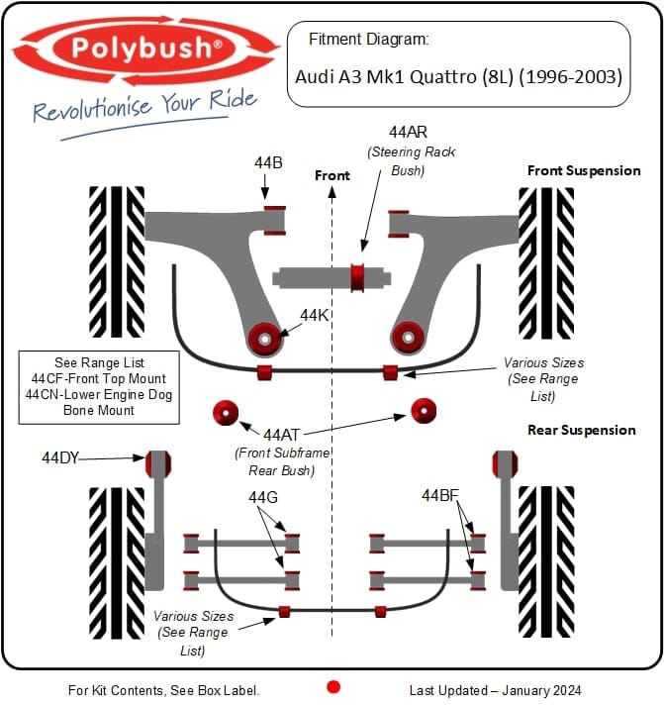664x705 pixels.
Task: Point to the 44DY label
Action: pos(60,457)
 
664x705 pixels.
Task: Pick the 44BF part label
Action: pos(440,495)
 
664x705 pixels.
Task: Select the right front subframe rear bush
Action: pos(425,410)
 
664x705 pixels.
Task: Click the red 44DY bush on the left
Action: pos(158,462)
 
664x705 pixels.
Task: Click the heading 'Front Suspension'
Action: pos(583,170)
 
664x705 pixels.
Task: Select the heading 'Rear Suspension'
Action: pos(581,430)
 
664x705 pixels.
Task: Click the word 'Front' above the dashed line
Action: pos(332,175)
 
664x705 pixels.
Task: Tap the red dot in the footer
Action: pos(333,686)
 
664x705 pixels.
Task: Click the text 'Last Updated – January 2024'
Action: pos(496,690)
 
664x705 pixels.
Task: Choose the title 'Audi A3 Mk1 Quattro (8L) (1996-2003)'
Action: pos(459,75)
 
